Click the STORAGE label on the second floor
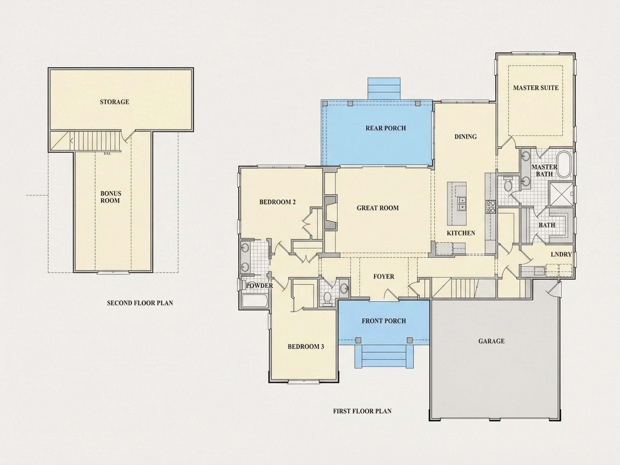(x=114, y=102)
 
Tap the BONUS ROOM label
(x=110, y=197)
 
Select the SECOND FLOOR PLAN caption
(x=140, y=303)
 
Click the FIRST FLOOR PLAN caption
(x=362, y=411)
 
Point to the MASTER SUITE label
(x=536, y=88)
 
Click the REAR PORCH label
(x=386, y=128)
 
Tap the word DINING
(x=465, y=136)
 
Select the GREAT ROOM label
(x=378, y=208)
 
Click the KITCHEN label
(x=461, y=233)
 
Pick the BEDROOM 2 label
(x=277, y=202)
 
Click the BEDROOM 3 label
(x=305, y=346)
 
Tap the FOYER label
(x=384, y=276)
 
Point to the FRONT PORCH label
(x=384, y=321)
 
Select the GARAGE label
(x=491, y=341)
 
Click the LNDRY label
(x=561, y=254)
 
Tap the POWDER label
(x=259, y=285)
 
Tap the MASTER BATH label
(x=544, y=170)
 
